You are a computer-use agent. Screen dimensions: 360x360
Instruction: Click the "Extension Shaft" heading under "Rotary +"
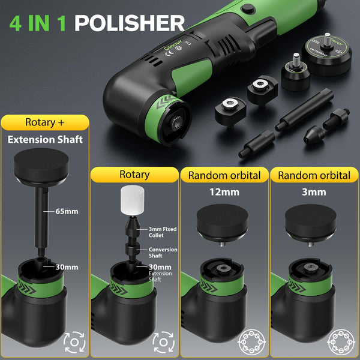[45, 140]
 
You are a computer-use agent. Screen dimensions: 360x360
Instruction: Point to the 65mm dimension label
[66, 211]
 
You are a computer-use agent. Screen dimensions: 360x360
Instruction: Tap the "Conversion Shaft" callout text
[163, 253]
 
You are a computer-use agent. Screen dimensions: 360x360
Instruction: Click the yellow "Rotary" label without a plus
[134, 175]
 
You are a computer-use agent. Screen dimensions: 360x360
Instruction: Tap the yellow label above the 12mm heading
[224, 175]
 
